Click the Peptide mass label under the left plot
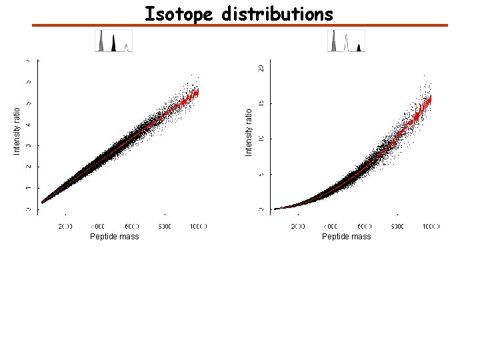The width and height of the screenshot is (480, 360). tap(115, 237)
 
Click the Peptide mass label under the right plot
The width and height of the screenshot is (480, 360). tap(346, 237)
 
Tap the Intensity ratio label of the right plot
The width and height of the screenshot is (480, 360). tap(249, 133)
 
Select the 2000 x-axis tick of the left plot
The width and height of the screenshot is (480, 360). tap(65, 227)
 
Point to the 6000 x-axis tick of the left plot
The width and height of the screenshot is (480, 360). tap(131, 227)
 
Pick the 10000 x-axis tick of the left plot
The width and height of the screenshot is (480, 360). tap(197, 227)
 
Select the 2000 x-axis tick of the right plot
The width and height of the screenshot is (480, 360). tap(297, 227)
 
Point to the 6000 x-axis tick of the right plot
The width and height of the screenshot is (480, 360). tap(364, 227)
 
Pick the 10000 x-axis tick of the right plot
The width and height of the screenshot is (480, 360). tap(430, 227)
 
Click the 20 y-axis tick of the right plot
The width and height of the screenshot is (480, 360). tap(261, 68)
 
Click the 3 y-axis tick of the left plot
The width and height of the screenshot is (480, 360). tap(29, 145)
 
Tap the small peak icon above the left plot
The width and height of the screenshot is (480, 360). tap(114, 41)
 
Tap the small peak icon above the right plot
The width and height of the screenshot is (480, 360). tap(346, 41)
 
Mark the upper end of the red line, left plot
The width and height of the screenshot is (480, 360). tap(198, 91)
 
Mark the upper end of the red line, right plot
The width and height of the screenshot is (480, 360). tap(431, 97)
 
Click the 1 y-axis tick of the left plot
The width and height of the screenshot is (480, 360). tap(29, 188)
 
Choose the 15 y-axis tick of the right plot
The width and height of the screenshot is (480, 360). tap(261, 103)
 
